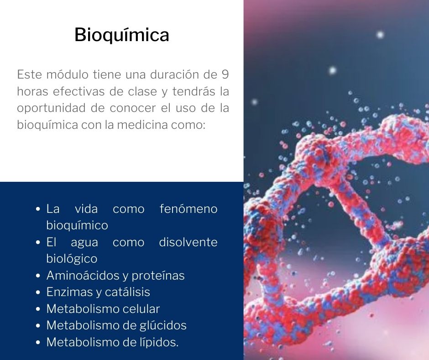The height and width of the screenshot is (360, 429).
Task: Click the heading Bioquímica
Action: pos(122,35)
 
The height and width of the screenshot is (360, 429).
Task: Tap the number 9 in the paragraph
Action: pos(225,74)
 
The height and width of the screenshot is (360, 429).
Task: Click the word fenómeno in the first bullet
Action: pos(188,209)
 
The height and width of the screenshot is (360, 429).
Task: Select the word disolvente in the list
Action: pos(188,242)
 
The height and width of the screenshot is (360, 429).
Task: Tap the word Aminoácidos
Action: pos(83,275)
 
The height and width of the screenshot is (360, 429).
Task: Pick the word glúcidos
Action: pos(163,325)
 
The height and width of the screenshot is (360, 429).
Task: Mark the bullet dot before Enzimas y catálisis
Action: pos(38,292)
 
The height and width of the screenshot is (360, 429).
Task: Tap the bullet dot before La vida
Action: pos(38,209)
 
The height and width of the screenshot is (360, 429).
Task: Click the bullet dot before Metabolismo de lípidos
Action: pos(38,343)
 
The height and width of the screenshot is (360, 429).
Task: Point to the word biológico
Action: pos(72,259)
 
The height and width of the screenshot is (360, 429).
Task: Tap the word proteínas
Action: pos(158,276)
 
